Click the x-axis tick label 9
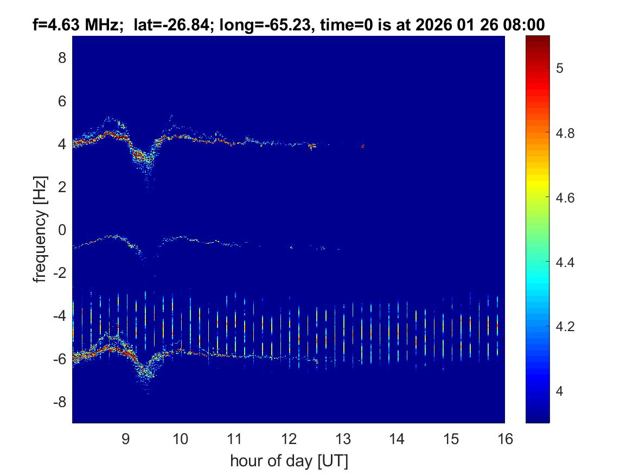click(x=125, y=439)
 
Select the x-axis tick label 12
click(x=289, y=439)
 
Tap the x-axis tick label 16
click(x=505, y=439)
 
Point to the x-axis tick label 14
click(x=397, y=439)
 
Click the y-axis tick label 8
click(x=62, y=58)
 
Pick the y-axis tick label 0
click(x=62, y=230)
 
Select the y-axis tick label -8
click(x=59, y=402)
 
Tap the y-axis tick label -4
click(x=59, y=315)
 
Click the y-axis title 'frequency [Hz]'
click(x=40, y=229)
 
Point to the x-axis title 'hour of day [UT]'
click(x=289, y=461)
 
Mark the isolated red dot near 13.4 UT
click(x=363, y=146)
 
